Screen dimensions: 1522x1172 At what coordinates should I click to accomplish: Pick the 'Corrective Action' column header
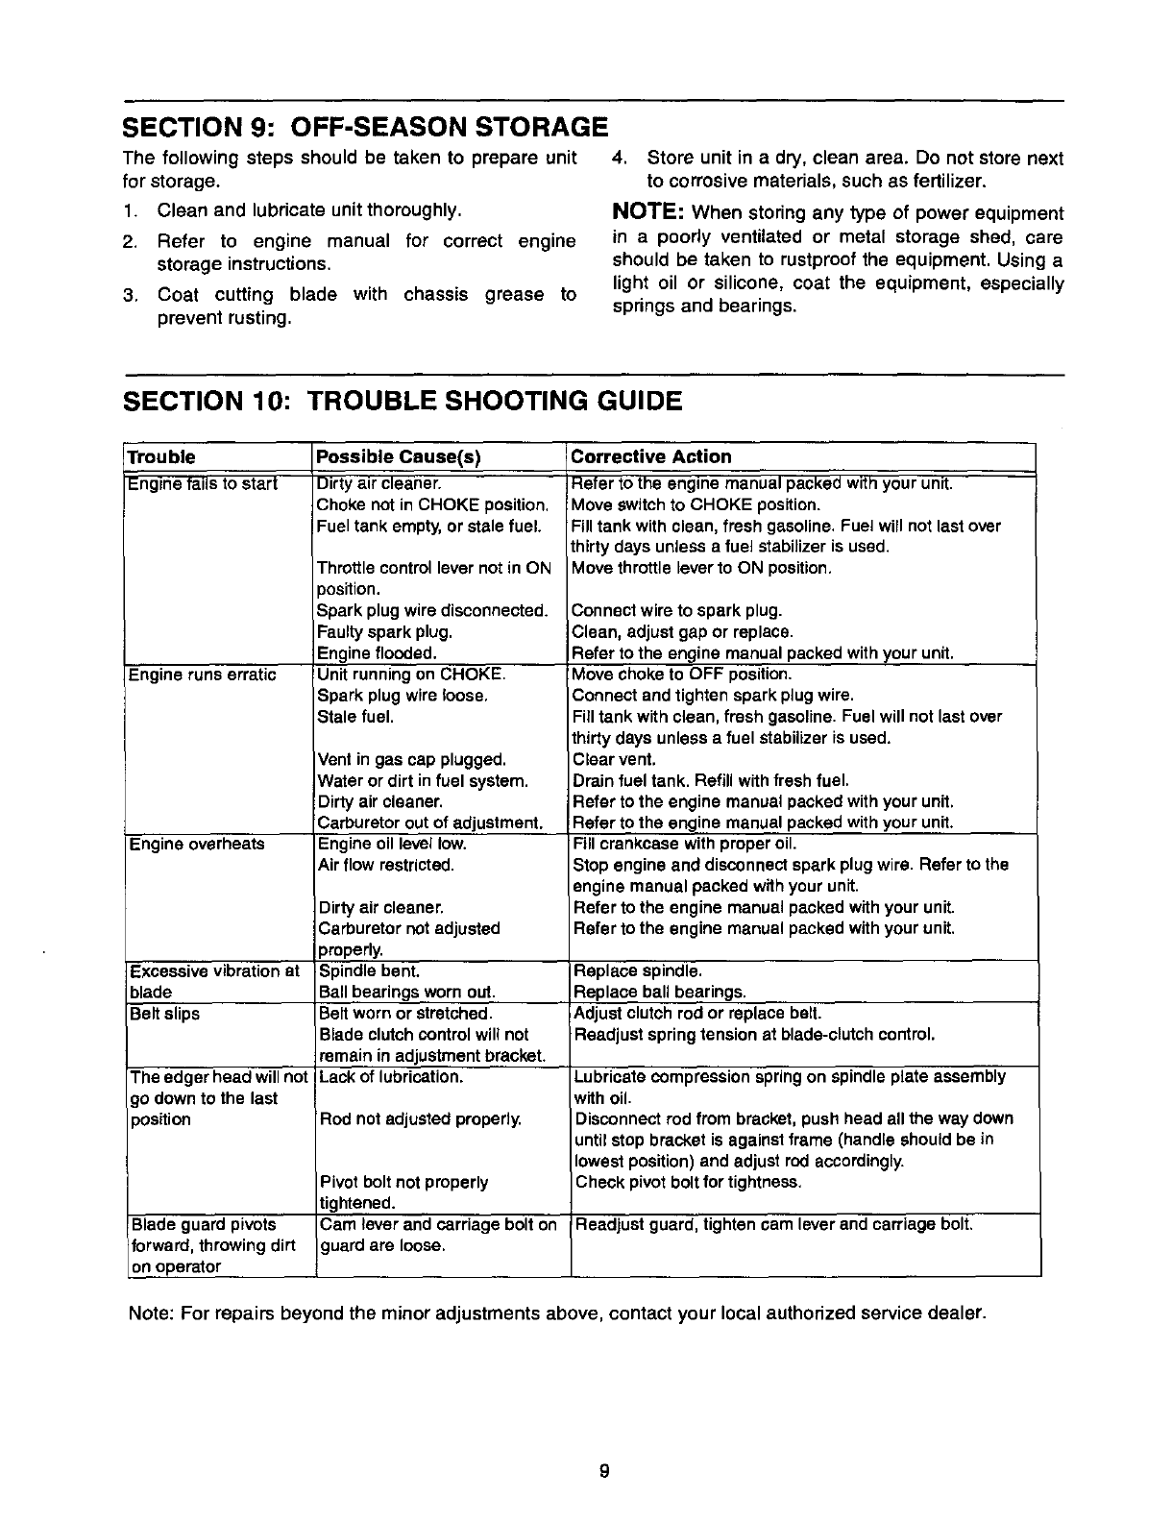651,457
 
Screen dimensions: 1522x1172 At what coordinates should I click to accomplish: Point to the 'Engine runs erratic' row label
202,675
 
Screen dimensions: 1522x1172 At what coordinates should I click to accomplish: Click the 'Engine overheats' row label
197,845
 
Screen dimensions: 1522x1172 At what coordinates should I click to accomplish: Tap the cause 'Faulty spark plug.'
384,632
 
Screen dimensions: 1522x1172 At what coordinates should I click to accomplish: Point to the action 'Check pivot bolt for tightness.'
687,1183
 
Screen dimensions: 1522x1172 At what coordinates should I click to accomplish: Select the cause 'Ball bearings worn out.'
406,993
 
